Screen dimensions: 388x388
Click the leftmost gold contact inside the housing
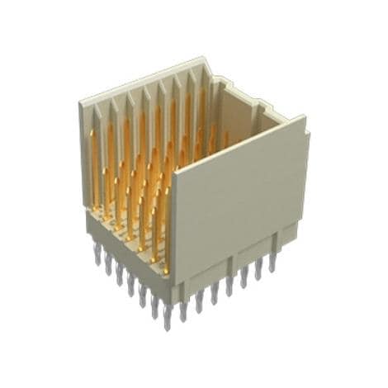[x=93, y=165]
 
